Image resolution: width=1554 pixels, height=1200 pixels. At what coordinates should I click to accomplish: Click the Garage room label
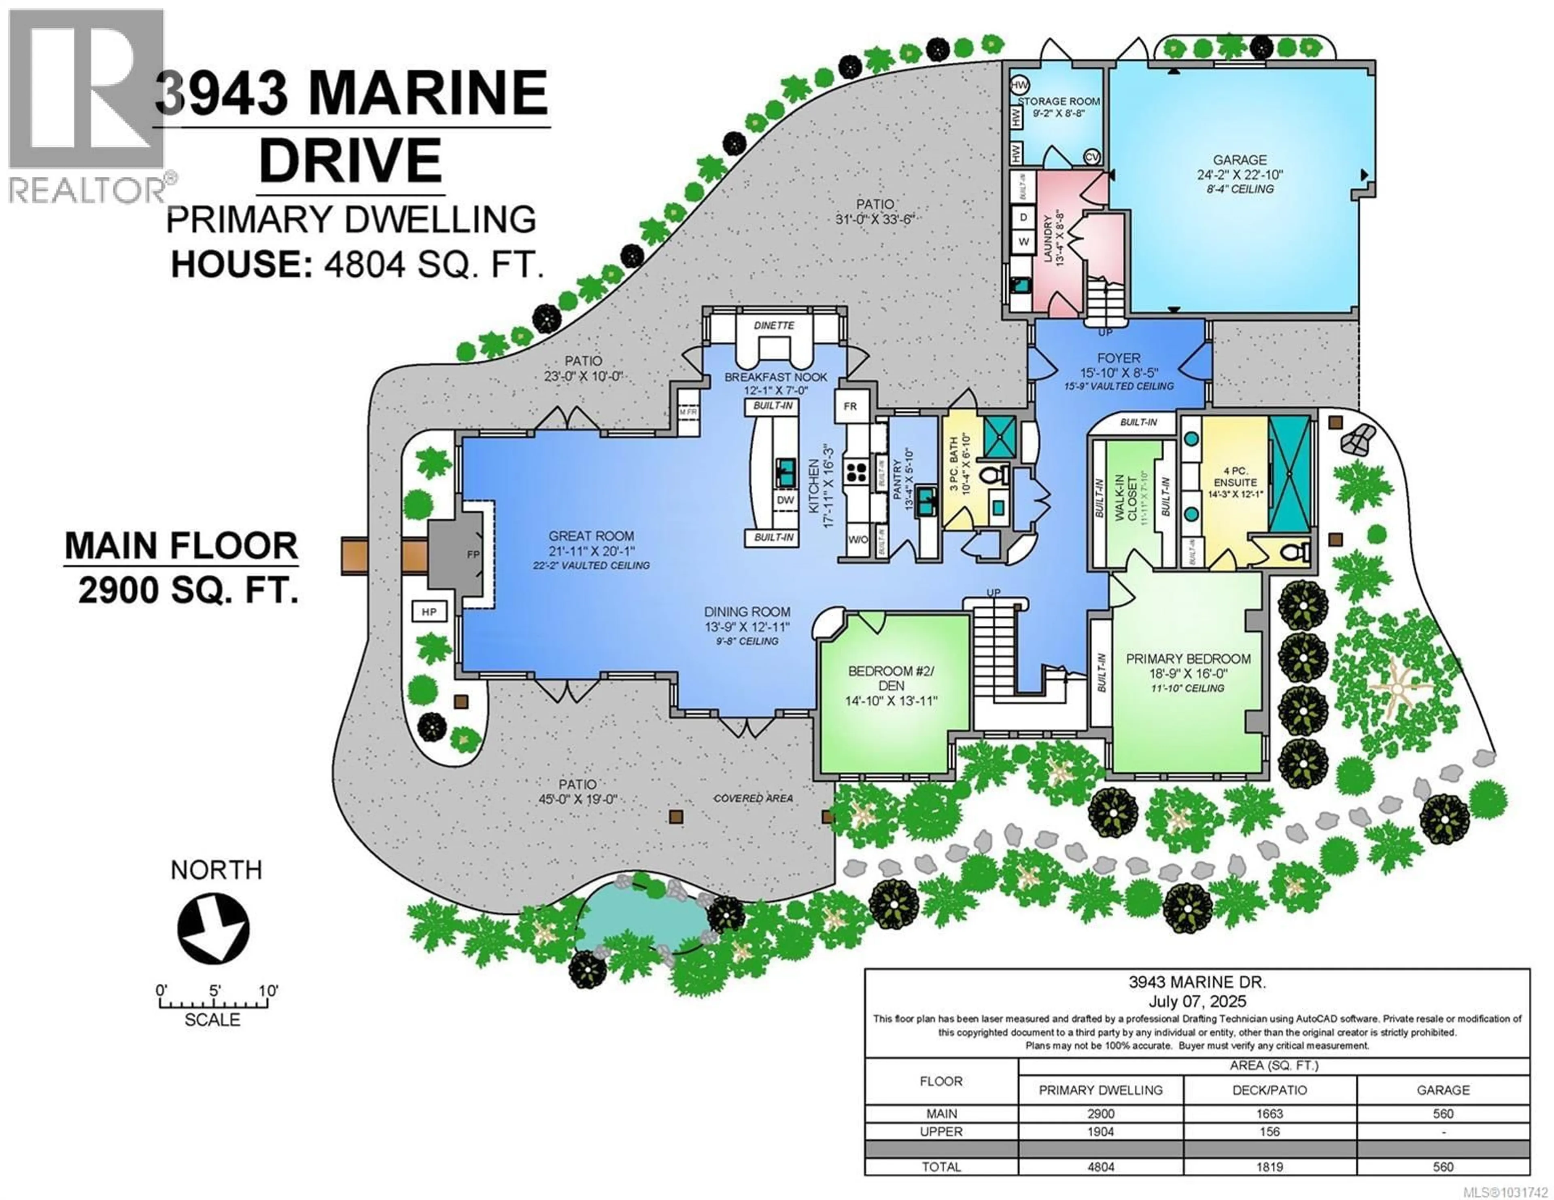tap(1240, 161)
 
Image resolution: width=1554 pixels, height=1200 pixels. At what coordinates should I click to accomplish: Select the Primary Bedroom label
tap(1188, 659)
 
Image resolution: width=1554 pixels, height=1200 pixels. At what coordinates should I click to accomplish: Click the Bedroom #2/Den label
tap(891, 678)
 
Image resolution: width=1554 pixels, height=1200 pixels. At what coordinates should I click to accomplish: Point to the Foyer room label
tap(1119, 358)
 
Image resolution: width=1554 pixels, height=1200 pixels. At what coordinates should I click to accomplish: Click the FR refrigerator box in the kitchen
tap(850, 406)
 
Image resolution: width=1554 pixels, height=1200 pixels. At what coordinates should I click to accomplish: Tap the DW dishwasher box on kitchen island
tap(785, 500)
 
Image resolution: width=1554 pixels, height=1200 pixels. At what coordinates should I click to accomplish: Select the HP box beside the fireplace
tap(428, 612)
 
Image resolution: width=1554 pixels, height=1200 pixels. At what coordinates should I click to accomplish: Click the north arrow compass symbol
tap(213, 930)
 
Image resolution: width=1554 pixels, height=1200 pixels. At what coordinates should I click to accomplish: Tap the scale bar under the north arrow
tap(213, 1004)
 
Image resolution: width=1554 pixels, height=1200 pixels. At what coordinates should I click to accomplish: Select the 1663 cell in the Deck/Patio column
tap(1270, 1113)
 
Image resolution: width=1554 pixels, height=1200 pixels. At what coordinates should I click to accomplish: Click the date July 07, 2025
tap(1197, 1001)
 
